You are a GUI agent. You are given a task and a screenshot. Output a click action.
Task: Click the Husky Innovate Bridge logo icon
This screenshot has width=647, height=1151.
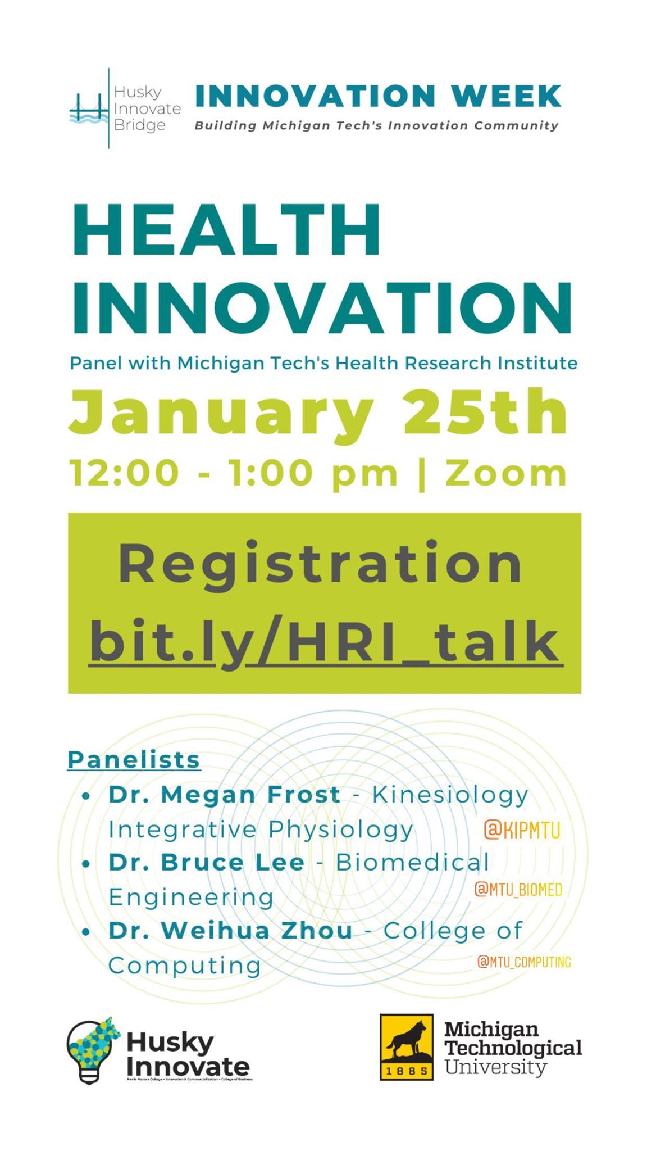(x=89, y=108)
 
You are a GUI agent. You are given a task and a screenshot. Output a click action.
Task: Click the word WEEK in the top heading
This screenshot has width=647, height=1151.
(x=505, y=96)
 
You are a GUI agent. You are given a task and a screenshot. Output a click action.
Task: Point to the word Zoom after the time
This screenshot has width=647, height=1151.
(x=505, y=473)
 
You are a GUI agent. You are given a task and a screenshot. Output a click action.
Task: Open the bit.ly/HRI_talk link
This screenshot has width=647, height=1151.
(x=325, y=642)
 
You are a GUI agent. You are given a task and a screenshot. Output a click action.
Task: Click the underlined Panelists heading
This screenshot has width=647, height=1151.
(x=134, y=760)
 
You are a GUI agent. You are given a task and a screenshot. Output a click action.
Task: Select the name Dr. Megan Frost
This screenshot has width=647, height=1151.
(x=224, y=795)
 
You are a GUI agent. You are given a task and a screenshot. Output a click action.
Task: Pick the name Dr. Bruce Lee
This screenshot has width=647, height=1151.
(x=206, y=863)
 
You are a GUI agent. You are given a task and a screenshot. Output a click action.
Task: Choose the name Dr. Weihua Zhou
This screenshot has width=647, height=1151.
(x=230, y=931)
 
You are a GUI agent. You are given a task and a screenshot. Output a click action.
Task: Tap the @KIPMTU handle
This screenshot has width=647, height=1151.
(x=522, y=830)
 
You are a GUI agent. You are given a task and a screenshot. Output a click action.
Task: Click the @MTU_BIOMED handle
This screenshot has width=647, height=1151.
(x=518, y=890)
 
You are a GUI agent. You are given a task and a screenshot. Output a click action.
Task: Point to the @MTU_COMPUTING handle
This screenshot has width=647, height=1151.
(x=523, y=962)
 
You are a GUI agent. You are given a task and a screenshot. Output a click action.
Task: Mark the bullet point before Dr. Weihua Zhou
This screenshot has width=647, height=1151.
(x=86, y=932)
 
